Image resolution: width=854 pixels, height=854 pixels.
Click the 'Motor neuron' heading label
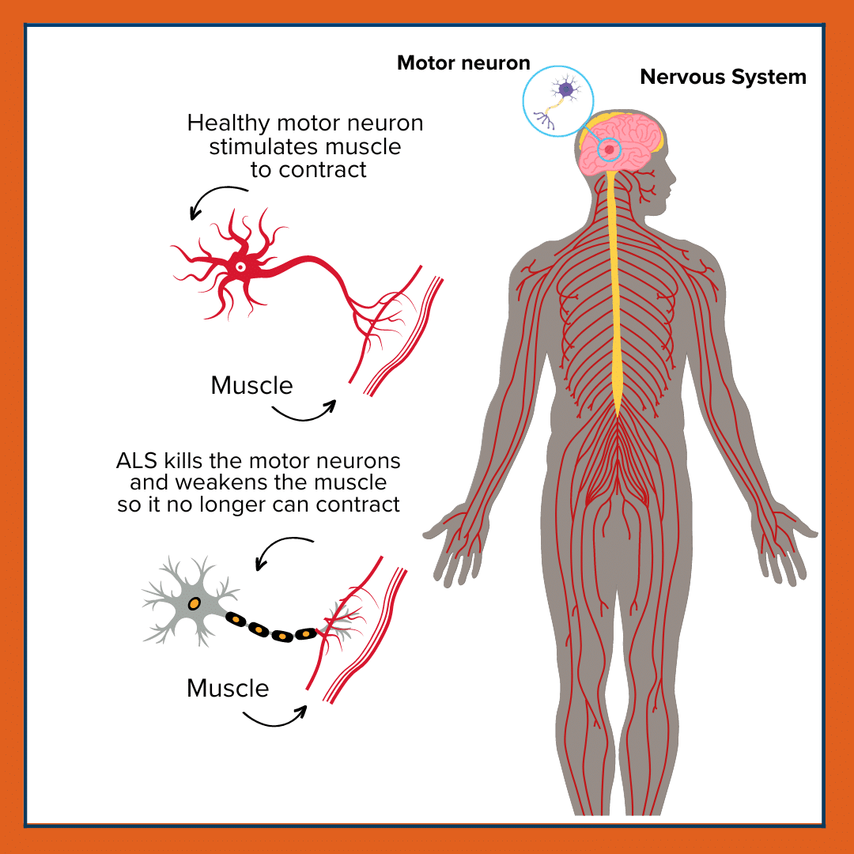[463, 63]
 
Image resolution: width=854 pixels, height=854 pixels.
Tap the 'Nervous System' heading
[723, 77]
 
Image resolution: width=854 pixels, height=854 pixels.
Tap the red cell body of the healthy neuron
[239, 267]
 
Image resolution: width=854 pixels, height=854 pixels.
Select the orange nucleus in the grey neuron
[194, 603]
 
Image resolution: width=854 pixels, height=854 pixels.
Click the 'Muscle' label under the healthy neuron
[251, 386]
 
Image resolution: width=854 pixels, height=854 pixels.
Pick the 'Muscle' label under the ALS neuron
[228, 688]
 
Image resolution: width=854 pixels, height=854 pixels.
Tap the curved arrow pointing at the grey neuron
[281, 549]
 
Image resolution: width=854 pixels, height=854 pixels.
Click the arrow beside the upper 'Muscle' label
[304, 412]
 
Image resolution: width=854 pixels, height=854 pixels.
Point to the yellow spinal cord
[616, 300]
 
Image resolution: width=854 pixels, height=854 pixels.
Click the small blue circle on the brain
[609, 149]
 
